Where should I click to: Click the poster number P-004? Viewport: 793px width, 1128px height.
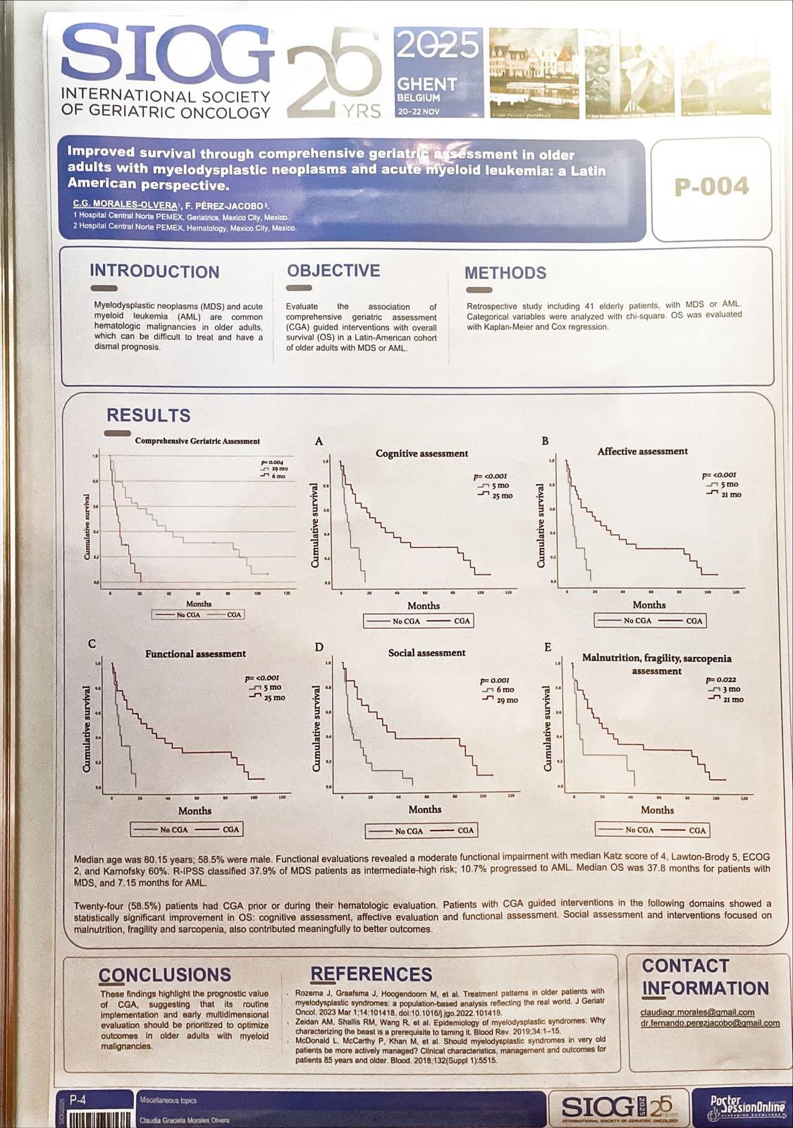click(711, 187)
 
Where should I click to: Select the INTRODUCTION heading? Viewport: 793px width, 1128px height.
click(154, 272)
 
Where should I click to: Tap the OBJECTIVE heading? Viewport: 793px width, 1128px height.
click(333, 271)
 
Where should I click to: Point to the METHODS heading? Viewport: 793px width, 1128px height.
click(505, 274)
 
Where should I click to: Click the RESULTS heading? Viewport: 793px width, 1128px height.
click(148, 416)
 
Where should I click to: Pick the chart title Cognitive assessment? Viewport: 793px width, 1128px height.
click(422, 453)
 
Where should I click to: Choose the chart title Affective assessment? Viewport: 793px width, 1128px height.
click(642, 451)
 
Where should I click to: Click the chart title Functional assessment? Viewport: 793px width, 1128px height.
click(195, 654)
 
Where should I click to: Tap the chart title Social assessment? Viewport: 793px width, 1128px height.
click(426, 653)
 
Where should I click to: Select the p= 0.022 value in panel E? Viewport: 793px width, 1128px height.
click(721, 680)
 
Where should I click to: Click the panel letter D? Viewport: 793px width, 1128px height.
click(319, 647)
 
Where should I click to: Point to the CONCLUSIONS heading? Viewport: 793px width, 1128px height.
click(165, 975)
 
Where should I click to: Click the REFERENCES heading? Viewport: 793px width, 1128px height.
click(371, 974)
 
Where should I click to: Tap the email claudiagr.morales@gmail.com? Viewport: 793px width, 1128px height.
click(697, 1012)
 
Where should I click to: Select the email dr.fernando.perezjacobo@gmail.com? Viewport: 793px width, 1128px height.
click(710, 1023)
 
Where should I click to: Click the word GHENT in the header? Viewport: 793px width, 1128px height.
click(426, 84)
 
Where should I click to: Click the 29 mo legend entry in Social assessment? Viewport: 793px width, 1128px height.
click(506, 700)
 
